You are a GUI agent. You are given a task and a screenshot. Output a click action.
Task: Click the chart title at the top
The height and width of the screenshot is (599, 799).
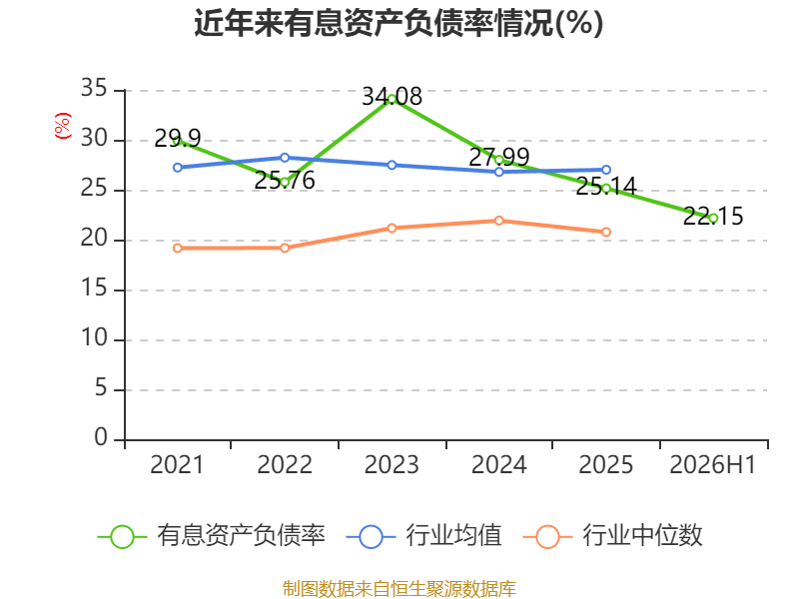pyautogui.click(x=399, y=23)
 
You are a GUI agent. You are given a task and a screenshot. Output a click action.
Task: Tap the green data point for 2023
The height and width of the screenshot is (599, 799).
pyautogui.click(x=392, y=99)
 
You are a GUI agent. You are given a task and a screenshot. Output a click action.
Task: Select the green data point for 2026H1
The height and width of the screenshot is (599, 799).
pyautogui.click(x=713, y=218)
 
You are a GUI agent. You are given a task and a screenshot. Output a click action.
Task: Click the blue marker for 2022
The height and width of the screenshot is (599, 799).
pyautogui.click(x=285, y=158)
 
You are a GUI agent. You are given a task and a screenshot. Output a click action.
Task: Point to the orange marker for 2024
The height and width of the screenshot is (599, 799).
pyautogui.click(x=498, y=221)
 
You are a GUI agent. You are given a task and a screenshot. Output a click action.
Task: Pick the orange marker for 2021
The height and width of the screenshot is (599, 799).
pyautogui.click(x=178, y=248)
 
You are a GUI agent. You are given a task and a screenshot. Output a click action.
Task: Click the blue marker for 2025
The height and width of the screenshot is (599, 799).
pyautogui.click(x=606, y=170)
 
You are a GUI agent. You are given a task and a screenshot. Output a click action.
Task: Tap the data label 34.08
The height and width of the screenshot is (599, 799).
pyautogui.click(x=392, y=96)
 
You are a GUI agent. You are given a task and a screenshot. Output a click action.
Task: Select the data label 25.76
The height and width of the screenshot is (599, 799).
pyautogui.click(x=285, y=180)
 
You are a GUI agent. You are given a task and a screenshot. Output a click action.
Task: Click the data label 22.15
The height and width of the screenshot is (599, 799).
pyautogui.click(x=713, y=216)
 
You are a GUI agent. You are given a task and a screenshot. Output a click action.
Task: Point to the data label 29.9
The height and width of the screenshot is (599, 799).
pyautogui.click(x=178, y=138)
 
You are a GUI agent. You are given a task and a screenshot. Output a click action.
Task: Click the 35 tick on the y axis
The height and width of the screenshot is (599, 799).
pyautogui.click(x=94, y=88)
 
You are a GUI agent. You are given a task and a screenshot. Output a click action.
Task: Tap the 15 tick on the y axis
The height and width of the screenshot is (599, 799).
pyautogui.click(x=94, y=289)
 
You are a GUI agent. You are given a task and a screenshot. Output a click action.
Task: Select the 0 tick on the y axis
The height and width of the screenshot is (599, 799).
pyautogui.click(x=101, y=437)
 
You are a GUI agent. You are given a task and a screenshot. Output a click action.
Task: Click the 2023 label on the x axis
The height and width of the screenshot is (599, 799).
pyautogui.click(x=392, y=464)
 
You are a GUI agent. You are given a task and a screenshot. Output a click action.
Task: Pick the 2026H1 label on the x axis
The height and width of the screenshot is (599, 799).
pyautogui.click(x=713, y=464)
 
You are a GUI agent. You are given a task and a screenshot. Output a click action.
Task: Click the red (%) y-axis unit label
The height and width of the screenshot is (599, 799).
pyautogui.click(x=63, y=126)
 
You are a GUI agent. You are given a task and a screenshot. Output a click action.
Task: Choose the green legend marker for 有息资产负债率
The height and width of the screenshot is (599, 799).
pyautogui.click(x=122, y=537)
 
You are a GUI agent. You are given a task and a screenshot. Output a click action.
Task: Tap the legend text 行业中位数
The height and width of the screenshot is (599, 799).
pyautogui.click(x=642, y=535)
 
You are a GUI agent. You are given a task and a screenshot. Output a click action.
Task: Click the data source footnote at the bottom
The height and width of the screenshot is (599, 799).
pyautogui.click(x=399, y=589)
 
